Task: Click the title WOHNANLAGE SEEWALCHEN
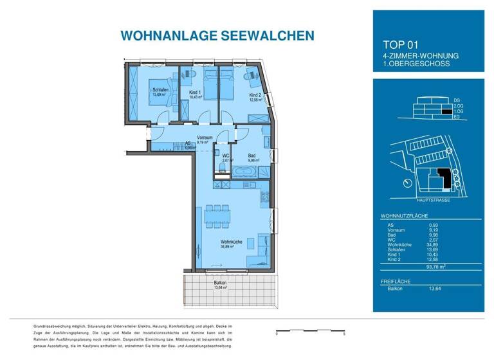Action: pyautogui.click(x=208, y=35)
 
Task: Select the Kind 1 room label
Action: pyautogui.click(x=195, y=92)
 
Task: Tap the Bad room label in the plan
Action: pyautogui.click(x=252, y=156)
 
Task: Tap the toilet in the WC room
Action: pyautogui.click(x=221, y=168)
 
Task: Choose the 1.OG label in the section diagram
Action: pyautogui.click(x=457, y=111)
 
